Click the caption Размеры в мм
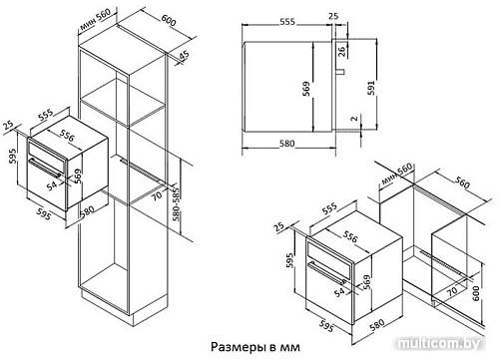(255, 347)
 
